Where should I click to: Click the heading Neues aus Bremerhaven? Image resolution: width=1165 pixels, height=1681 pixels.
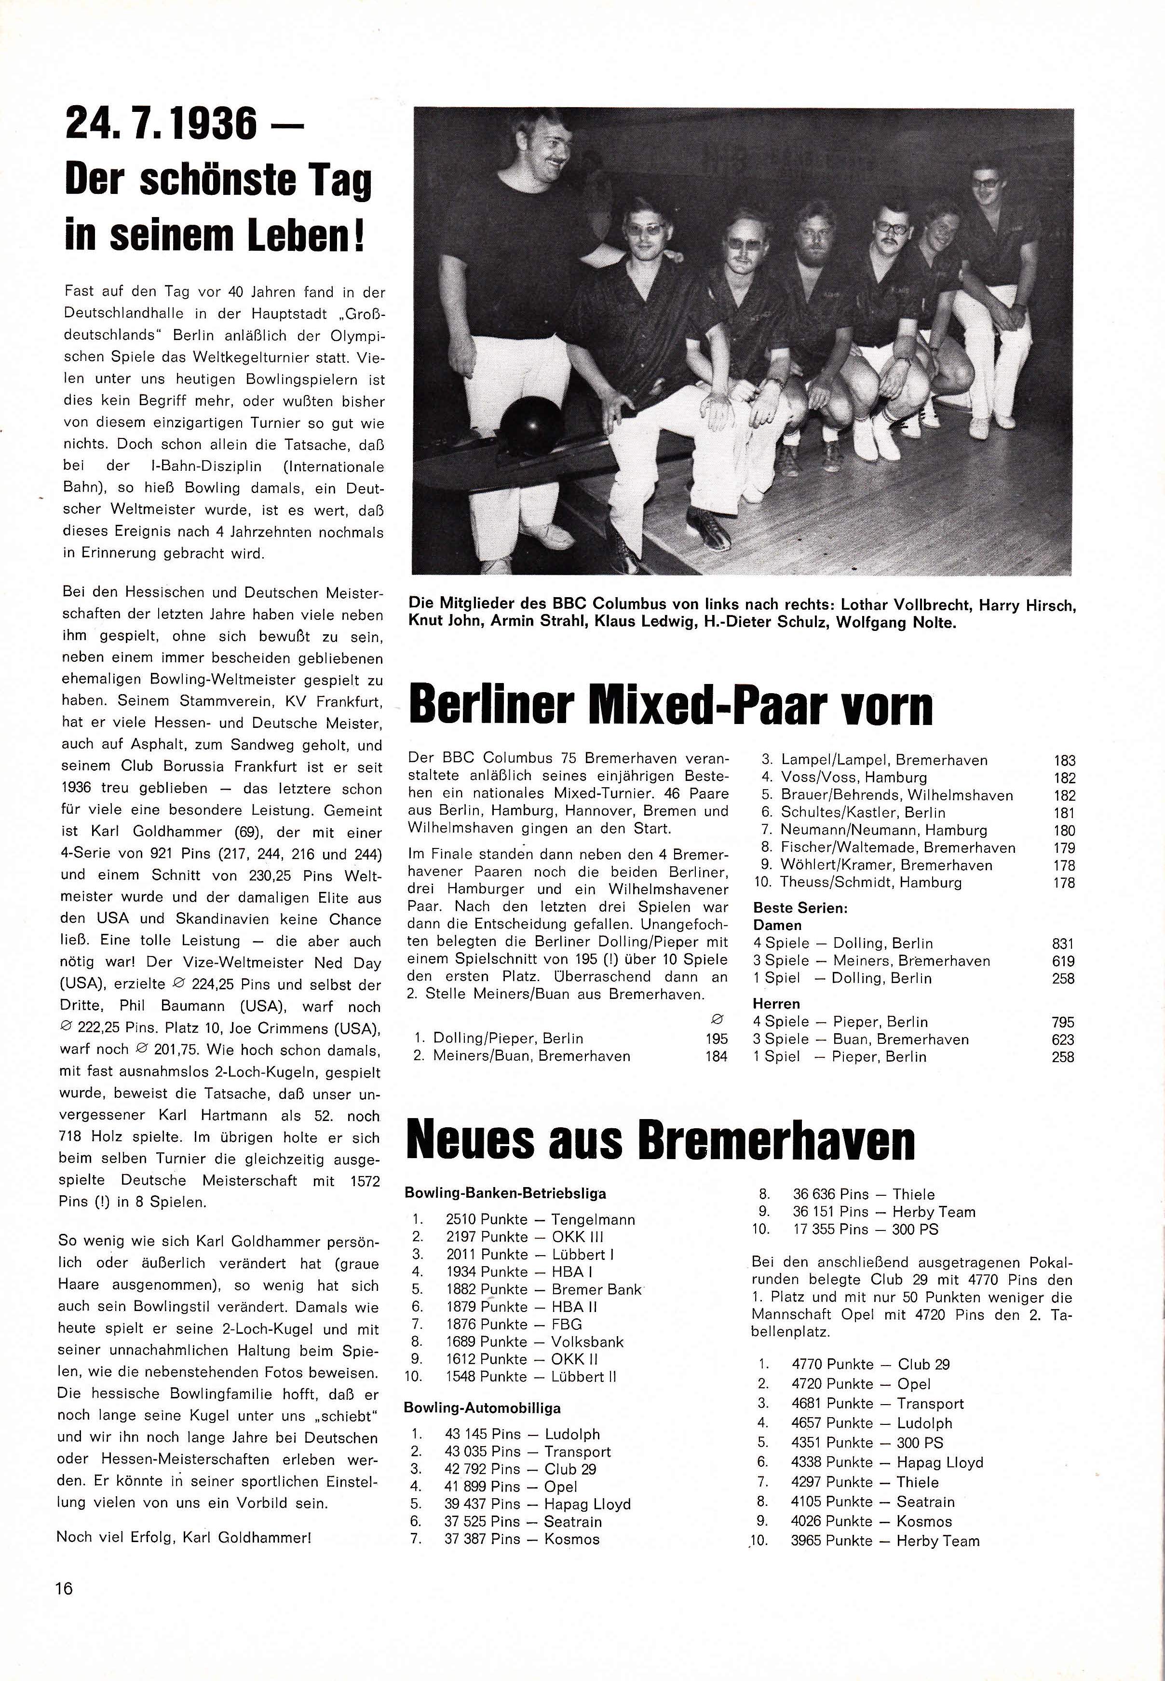coord(661,1141)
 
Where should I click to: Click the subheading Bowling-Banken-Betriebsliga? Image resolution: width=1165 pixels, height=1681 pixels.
coord(505,1194)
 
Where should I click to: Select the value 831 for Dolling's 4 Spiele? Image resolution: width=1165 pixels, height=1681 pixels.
coord(1063,943)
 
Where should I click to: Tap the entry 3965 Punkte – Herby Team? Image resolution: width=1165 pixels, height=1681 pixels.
coord(885,1541)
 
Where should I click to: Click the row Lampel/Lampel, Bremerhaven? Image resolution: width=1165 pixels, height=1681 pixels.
coord(883,760)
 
